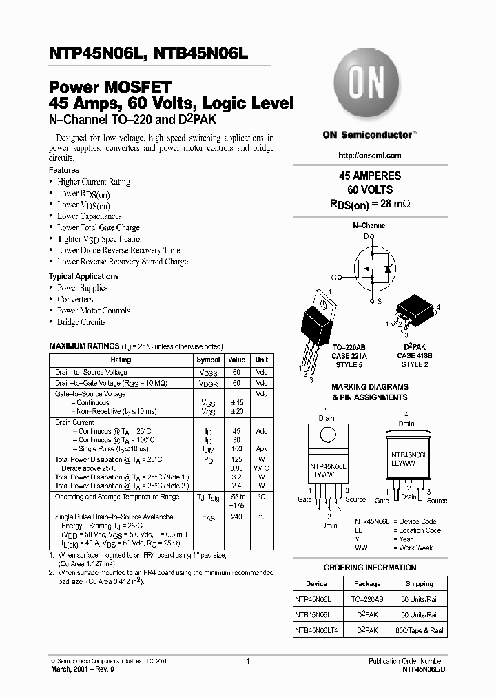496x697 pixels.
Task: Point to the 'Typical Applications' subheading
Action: pos(84,276)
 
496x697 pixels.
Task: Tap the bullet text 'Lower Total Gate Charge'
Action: pos(99,227)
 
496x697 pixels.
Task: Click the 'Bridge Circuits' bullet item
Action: pos(81,322)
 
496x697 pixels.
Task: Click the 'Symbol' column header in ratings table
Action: pos(208,360)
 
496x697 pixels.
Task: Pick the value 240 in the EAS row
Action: pos(236,517)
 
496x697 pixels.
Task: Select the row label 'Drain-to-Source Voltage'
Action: pos(91,372)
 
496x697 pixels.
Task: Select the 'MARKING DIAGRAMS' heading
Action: pos(370,387)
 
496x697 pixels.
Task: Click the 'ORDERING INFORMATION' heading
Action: pos(370,568)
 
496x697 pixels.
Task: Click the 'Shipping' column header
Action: pos(420,583)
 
